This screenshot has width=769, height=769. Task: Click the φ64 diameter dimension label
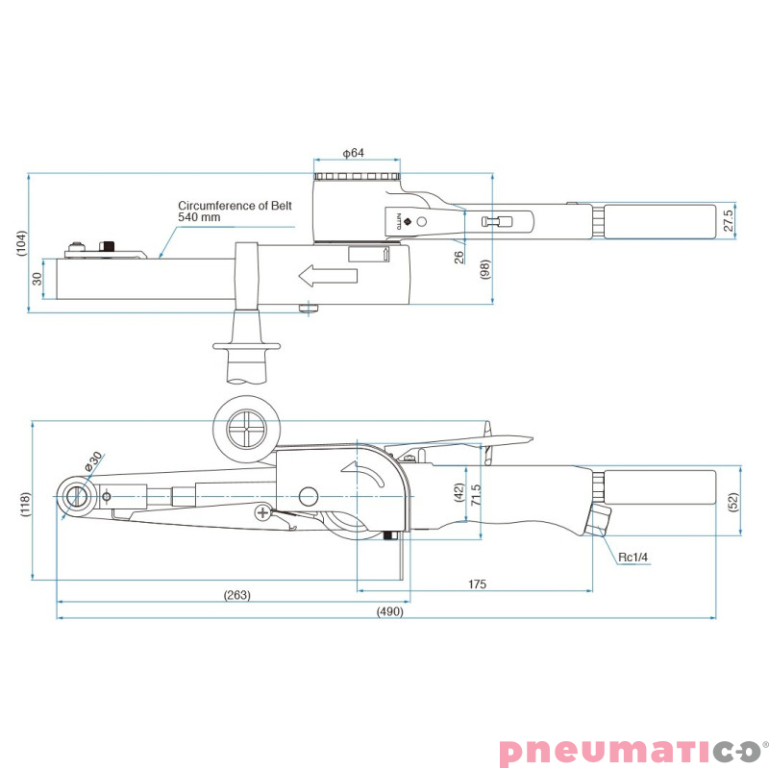(353, 153)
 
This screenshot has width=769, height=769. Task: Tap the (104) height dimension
(21, 243)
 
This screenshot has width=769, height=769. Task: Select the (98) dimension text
(484, 270)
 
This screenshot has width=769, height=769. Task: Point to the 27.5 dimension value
(729, 221)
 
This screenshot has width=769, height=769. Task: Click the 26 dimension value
(459, 257)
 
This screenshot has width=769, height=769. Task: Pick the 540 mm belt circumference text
(199, 217)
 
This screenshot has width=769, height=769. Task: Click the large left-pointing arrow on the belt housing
(328, 275)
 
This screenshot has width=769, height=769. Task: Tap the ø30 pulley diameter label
(92, 461)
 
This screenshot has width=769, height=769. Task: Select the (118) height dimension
(26, 504)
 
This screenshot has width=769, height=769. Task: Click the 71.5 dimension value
(475, 495)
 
